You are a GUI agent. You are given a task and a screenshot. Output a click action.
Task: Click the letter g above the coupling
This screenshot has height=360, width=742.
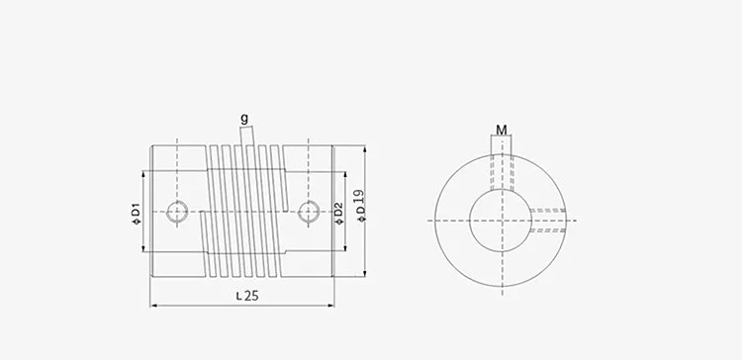pos(243,119)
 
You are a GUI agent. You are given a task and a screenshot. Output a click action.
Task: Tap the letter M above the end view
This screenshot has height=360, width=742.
pos(502,130)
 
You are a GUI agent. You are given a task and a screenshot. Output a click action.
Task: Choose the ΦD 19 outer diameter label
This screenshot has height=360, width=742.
pos(362,206)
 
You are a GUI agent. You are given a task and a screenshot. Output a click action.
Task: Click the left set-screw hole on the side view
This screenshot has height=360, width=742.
pos(178,210)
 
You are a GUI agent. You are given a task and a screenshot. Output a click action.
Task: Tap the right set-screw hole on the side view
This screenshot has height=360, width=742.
pos(308,210)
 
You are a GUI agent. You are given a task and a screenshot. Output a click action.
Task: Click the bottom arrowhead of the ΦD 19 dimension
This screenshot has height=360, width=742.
pos(368,273)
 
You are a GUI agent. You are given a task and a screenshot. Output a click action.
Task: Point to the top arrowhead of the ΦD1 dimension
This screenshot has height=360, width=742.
pos(145,170)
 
